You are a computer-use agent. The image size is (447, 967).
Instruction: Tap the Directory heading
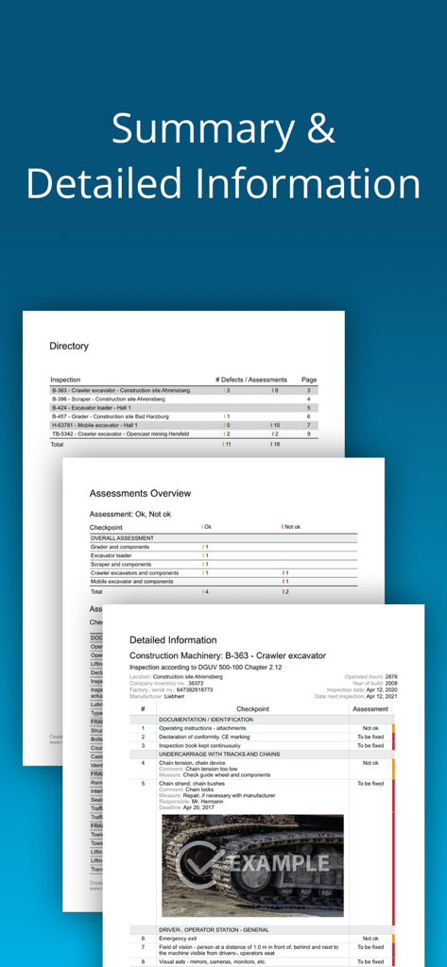click(x=69, y=347)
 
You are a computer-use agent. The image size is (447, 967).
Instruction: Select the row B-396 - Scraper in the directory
click(x=109, y=399)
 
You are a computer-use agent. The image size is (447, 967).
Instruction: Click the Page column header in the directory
click(x=309, y=380)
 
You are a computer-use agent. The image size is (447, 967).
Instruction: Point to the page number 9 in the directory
click(x=308, y=433)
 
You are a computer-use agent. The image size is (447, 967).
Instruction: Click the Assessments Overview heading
click(x=140, y=493)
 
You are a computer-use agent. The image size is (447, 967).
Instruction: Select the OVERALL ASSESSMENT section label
click(x=124, y=537)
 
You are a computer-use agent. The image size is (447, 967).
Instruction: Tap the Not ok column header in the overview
click(x=291, y=527)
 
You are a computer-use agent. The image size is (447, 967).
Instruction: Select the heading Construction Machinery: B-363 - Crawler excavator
click(x=227, y=654)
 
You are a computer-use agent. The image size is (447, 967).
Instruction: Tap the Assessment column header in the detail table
click(x=370, y=708)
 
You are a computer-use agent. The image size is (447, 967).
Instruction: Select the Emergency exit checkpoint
click(x=181, y=938)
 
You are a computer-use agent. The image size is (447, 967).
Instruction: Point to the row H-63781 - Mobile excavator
click(x=95, y=425)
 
